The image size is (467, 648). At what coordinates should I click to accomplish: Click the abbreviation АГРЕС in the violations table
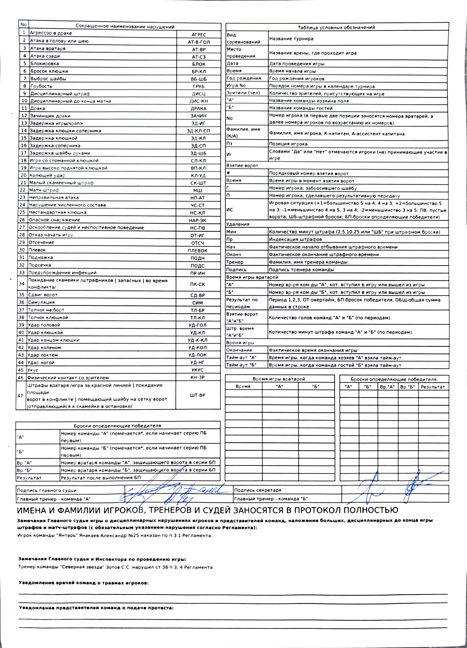click(199, 35)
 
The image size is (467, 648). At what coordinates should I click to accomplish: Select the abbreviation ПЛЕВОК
click(197, 251)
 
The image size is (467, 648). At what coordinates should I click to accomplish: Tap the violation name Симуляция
click(41, 302)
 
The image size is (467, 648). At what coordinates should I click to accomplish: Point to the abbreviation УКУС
click(197, 370)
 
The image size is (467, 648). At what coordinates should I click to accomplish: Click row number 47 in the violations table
click(20, 396)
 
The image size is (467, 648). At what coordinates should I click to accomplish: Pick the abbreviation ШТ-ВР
click(197, 395)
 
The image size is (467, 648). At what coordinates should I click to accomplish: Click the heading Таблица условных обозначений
click(336, 27)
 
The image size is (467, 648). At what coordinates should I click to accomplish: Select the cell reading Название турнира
click(291, 39)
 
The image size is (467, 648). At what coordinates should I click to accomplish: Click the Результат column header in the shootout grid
click(433, 387)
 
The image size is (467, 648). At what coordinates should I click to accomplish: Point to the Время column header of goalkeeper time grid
click(243, 386)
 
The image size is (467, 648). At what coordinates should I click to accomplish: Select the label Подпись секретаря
click(257, 490)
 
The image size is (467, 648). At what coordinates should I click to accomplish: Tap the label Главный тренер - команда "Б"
click(271, 499)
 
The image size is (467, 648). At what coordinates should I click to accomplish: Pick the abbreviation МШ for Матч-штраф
click(197, 190)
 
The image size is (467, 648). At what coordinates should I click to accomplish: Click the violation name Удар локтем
click(43, 355)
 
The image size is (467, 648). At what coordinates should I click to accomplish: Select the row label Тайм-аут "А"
click(241, 358)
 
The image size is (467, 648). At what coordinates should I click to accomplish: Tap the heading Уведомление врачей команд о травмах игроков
click(84, 583)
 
